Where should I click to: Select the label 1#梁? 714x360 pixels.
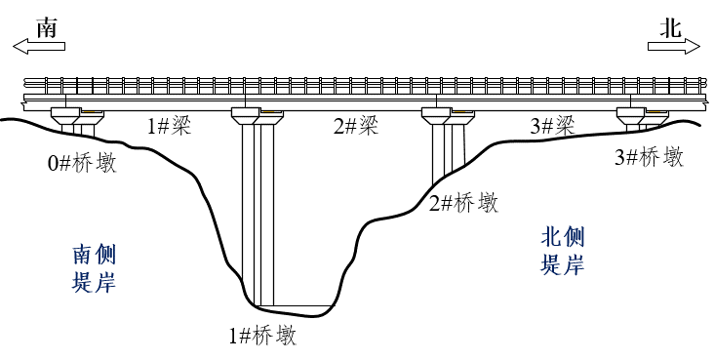pos(169,126)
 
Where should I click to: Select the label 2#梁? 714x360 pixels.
pos(355,126)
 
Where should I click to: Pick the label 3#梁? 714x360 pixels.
pos(552,126)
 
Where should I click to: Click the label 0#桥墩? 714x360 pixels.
pos(82,163)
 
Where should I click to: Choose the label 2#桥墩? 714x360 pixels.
pos(463,203)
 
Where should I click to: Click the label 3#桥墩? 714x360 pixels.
pos(649,157)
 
